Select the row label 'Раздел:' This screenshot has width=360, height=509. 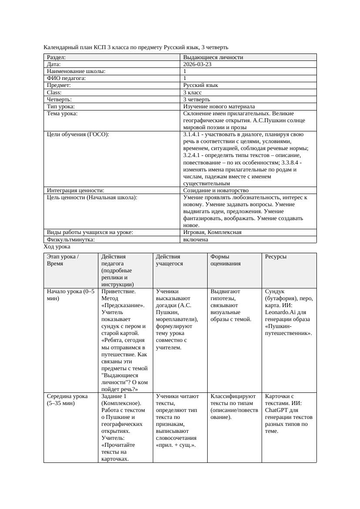tap(57, 57)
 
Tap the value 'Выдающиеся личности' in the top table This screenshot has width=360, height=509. tap(213, 57)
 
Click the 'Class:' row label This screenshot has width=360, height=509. tap(54, 92)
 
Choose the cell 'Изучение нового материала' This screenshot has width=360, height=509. tap(219, 106)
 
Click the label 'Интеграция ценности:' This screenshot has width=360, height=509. tap(75, 190)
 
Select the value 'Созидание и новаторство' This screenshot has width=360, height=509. tap(215, 190)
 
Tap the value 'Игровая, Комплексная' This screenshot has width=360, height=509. tap(212, 232)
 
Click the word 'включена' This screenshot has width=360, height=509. tap(195, 239)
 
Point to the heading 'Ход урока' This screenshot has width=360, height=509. tap(57, 246)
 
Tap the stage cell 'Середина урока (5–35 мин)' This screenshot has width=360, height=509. tap(67, 399)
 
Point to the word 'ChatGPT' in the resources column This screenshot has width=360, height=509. tap(277, 410)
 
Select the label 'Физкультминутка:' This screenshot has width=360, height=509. tap(71, 239)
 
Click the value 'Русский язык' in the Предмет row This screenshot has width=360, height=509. tap(201, 85)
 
